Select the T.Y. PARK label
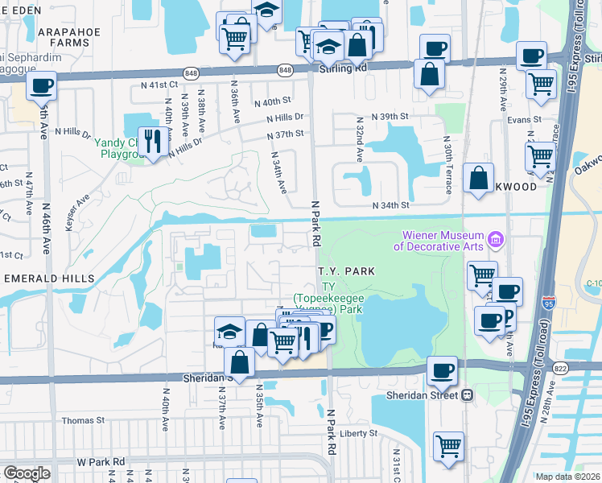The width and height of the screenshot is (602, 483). [345, 272]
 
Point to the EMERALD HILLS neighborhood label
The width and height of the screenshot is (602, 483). [49, 278]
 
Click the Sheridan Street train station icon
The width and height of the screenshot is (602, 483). [467, 395]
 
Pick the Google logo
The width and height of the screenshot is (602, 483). [27, 473]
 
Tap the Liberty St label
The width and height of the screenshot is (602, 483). [358, 433]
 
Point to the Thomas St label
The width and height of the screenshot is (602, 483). [84, 420]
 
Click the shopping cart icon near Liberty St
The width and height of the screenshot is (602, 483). [448, 445]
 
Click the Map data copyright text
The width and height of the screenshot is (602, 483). [567, 477]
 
